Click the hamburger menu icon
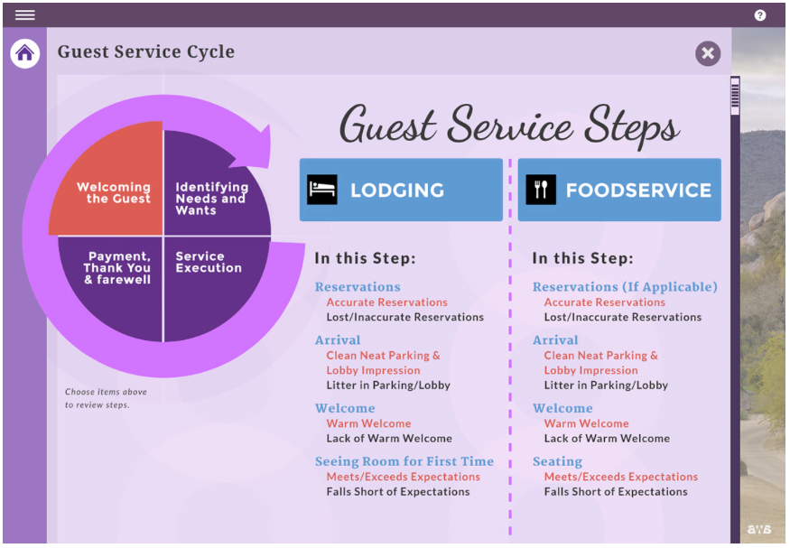(24, 15)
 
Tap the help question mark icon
(760, 15)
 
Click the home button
(25, 53)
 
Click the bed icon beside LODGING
(322, 190)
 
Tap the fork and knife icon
(541, 190)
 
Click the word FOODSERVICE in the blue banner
(638, 190)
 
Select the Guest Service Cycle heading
(146, 51)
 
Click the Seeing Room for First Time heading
(404, 461)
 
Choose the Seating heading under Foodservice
(557, 461)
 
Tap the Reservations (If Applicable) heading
(625, 287)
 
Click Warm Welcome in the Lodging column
(368, 423)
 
